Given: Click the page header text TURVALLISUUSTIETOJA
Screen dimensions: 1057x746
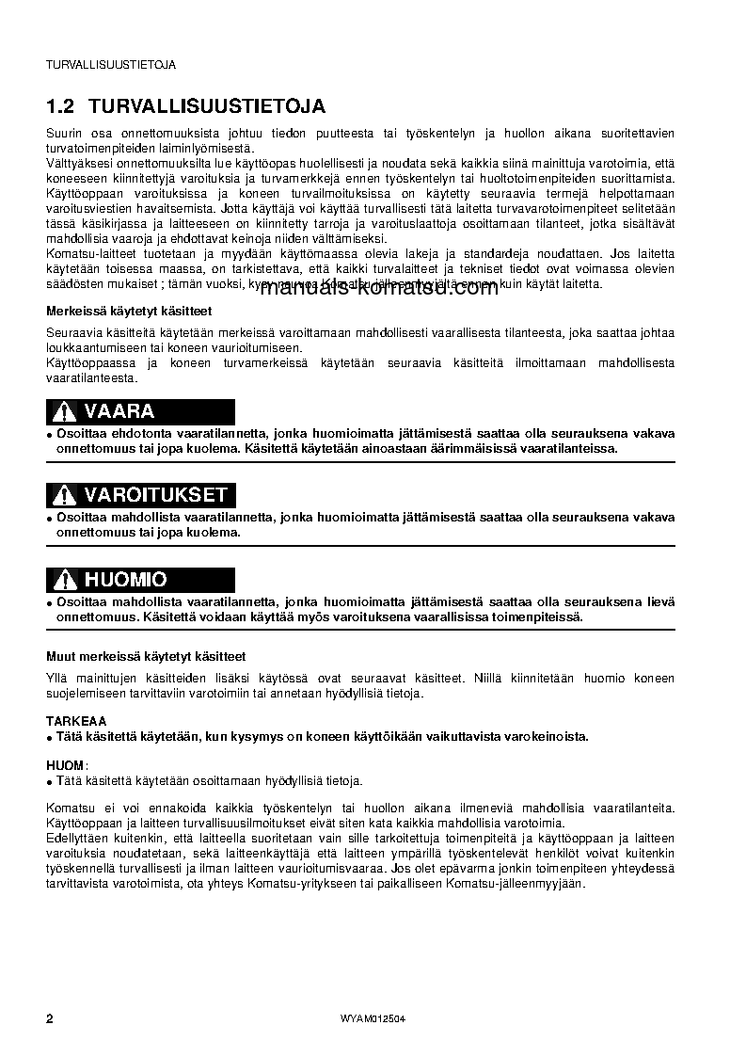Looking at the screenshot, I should point(111,65).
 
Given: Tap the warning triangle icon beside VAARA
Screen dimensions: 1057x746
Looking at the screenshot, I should point(63,411).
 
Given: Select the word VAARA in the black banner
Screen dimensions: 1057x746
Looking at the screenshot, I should point(119,411).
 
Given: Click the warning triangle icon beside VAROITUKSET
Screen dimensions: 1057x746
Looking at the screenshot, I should point(63,495).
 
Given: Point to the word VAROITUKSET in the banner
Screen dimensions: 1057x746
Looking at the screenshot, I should point(155,495).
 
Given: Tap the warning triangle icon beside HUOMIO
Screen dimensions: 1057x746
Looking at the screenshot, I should point(63,580).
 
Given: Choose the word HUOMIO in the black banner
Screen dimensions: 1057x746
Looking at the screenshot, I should point(125,580).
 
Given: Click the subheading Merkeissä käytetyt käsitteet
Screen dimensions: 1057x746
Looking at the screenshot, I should point(129,311).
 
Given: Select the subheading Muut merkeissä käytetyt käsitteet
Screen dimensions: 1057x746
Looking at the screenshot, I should point(146,656).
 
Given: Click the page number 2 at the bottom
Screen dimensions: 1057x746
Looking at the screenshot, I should point(50,1020).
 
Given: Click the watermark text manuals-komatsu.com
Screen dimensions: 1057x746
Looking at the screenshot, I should point(377,288).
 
